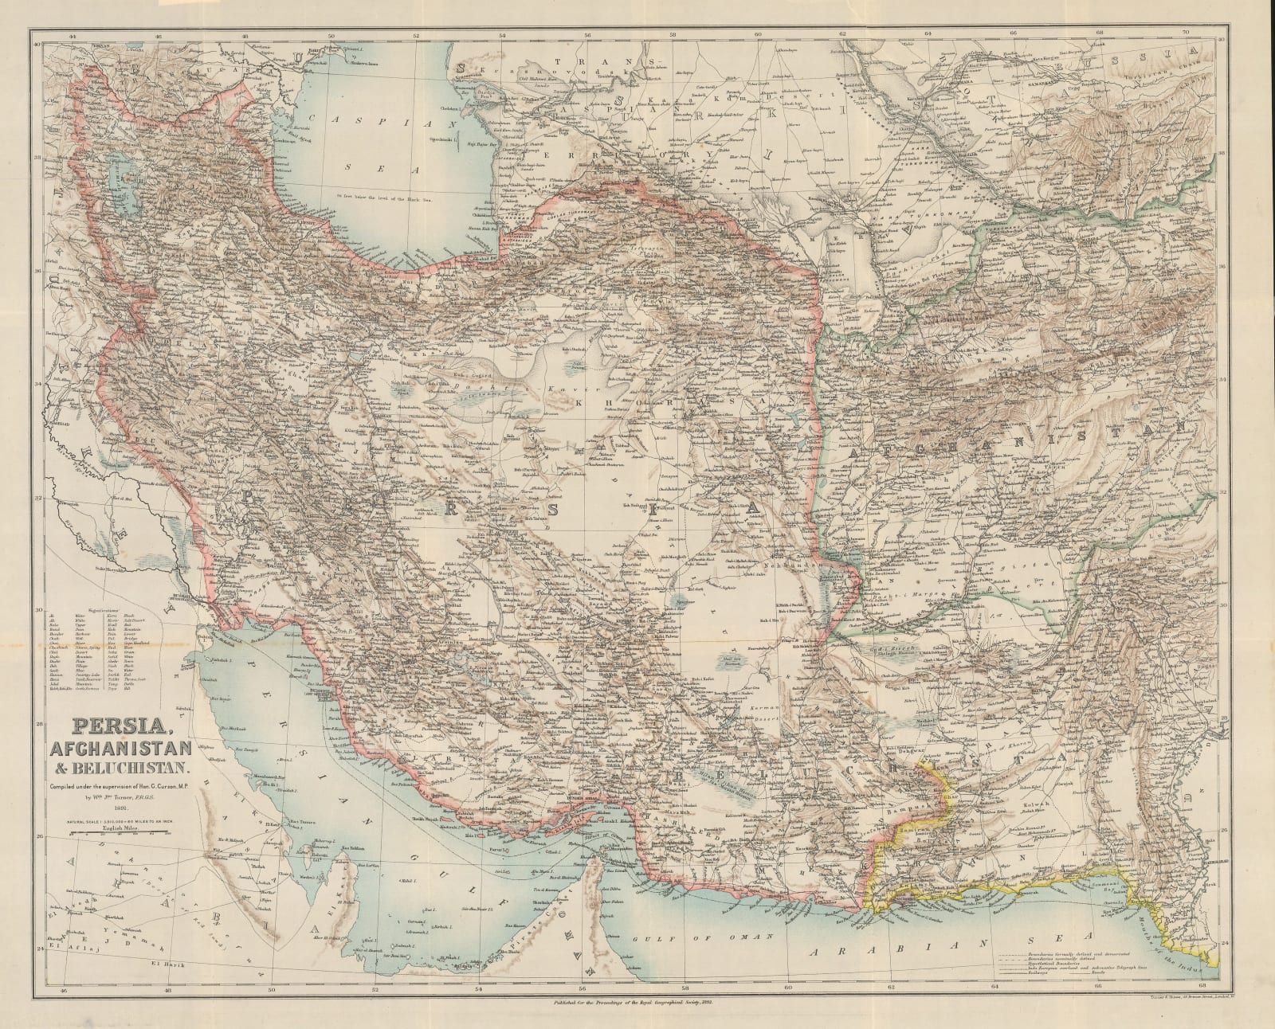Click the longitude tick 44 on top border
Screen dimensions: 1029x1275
click(73, 35)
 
